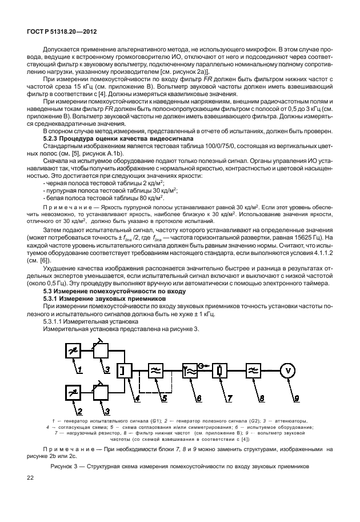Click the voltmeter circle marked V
(x=289, y=370)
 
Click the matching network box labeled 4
(x=122, y=370)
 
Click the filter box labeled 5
(x=155, y=370)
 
